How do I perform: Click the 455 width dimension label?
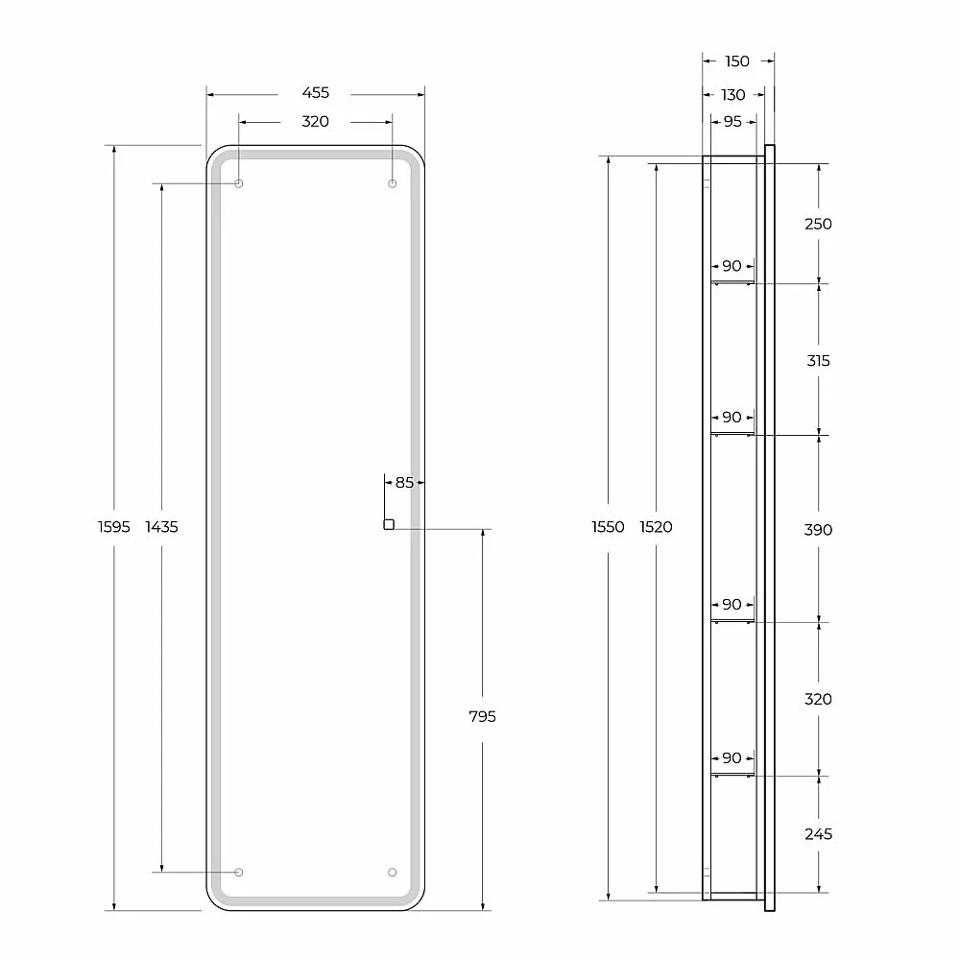coord(315,92)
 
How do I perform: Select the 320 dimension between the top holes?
coord(315,121)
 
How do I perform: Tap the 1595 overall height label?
coord(114,526)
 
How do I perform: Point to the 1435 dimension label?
coord(161,526)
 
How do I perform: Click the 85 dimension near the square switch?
coord(405,483)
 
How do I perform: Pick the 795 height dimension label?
coord(483,716)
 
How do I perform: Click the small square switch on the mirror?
coord(389,524)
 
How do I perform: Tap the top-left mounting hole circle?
coord(239,183)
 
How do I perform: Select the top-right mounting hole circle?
coord(393,183)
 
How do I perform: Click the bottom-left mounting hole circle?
coord(239,872)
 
